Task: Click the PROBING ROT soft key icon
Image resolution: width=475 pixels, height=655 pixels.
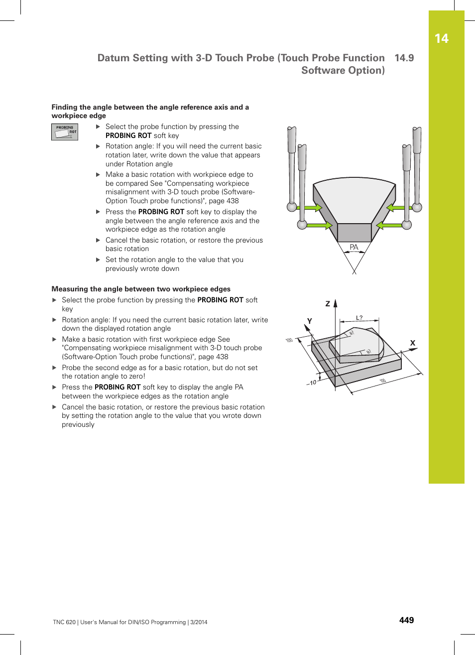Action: pos(65,132)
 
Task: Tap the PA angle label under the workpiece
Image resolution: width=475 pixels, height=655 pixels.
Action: pos(354,248)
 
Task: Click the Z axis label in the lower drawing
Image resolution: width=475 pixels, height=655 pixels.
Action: pos(328,303)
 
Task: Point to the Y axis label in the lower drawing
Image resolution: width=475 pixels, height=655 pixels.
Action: pos(309,321)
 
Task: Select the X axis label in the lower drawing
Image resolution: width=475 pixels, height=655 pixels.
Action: pos(412,343)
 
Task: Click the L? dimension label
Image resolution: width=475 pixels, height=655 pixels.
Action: pos(359,318)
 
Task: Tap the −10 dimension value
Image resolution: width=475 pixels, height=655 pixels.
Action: pos(311,383)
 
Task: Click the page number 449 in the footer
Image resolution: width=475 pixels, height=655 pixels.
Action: pos(406,620)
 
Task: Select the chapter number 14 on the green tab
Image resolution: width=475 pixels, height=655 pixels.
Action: pos(441,39)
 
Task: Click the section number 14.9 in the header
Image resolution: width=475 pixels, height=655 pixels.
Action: pos(404,58)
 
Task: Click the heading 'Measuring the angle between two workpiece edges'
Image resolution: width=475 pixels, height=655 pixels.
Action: pos(141,289)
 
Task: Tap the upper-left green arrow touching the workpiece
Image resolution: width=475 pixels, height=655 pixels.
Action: pos(313,208)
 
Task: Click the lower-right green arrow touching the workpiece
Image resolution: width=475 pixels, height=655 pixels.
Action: pos(388,225)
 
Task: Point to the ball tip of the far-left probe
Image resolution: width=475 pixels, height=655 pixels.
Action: pos(292,207)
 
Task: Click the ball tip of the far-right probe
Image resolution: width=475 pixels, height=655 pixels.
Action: pos(417,207)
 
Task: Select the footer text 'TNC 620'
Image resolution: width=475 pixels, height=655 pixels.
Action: pos(64,622)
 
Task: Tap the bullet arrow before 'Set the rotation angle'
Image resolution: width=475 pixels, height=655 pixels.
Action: pos(98,260)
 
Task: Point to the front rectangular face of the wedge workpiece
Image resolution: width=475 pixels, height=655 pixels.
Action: pos(354,233)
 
